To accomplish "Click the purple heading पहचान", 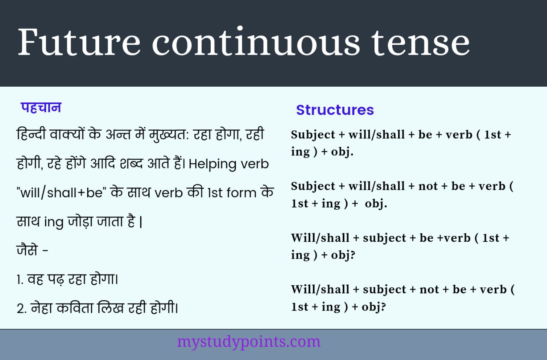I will pos(41,108).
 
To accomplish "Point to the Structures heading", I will pos(335,110).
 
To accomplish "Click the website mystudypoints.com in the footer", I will pos(248,342).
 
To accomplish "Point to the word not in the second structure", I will pos(429,187).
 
